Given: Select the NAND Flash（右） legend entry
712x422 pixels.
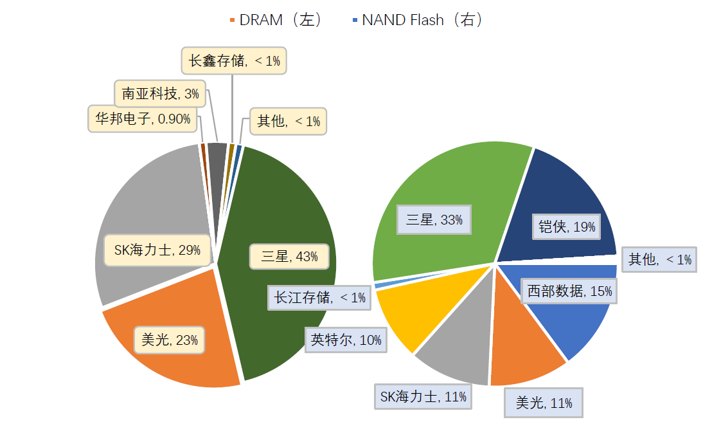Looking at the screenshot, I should pyautogui.click(x=417, y=20).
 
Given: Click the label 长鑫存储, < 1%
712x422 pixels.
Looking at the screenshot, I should pyautogui.click(x=234, y=61).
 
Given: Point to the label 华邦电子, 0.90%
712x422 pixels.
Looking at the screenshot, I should pyautogui.click(x=143, y=119).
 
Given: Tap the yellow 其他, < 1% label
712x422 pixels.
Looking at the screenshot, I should pyautogui.click(x=289, y=121).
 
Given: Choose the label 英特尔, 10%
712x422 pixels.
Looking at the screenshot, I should pyautogui.click(x=346, y=340).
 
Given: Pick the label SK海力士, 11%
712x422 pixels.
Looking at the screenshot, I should pyautogui.click(x=423, y=396).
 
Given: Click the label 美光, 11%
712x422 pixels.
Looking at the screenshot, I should pyautogui.click(x=544, y=403).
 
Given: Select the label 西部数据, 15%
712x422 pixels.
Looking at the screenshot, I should pyautogui.click(x=569, y=291).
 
